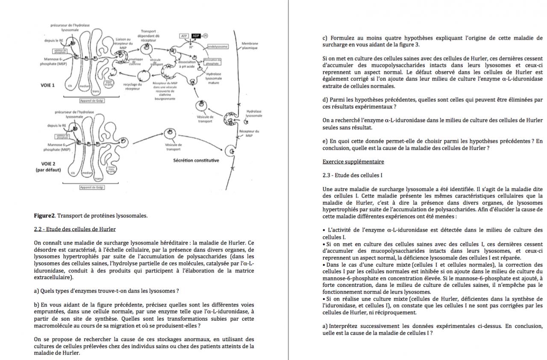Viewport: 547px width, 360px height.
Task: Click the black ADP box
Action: point(196,36)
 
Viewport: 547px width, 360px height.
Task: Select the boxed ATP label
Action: point(185,36)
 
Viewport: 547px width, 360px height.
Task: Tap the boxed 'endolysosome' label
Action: point(218,46)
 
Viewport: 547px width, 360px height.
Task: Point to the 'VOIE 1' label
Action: point(47,85)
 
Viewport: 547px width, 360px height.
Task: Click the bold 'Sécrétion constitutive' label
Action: point(196,160)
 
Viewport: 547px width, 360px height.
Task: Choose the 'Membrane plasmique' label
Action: point(250,46)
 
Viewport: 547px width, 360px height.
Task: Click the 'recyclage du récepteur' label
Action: point(132,86)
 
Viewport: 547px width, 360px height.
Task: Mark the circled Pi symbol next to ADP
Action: point(206,36)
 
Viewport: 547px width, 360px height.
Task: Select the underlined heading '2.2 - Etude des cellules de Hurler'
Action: point(74,230)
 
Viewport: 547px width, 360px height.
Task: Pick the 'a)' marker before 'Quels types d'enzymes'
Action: point(36,291)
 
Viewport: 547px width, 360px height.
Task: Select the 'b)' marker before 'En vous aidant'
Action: point(37,305)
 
